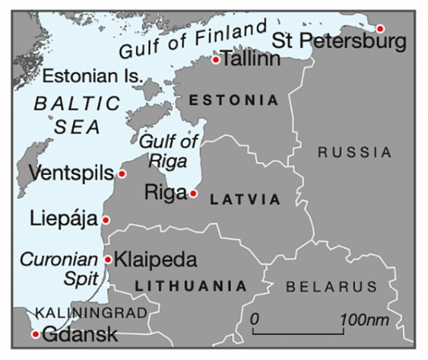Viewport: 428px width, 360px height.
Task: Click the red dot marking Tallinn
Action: pos(215,60)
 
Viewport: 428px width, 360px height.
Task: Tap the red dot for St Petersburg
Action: pos(380,29)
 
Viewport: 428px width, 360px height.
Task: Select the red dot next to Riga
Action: pos(193,193)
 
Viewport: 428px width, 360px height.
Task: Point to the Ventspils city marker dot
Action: pos(122,174)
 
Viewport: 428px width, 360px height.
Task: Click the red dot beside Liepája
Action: pos(106,220)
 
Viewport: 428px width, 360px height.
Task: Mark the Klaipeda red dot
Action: pos(108,259)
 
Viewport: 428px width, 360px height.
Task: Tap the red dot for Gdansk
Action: pos(36,333)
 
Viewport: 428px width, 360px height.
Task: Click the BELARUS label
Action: pos(331,287)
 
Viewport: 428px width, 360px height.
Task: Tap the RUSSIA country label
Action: pos(355,153)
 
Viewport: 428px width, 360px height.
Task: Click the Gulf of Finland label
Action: pos(197,40)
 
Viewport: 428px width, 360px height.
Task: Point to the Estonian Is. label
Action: pos(93,76)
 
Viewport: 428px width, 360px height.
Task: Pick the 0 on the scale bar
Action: pos(255,318)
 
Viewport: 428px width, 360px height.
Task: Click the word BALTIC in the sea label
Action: pos(77,103)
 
